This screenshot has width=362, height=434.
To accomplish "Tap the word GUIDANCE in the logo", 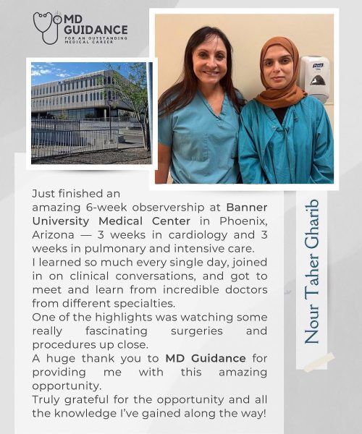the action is point(96,30).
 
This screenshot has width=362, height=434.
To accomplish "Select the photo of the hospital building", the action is point(90,113).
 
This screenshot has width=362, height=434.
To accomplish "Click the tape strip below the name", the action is point(319,362).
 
